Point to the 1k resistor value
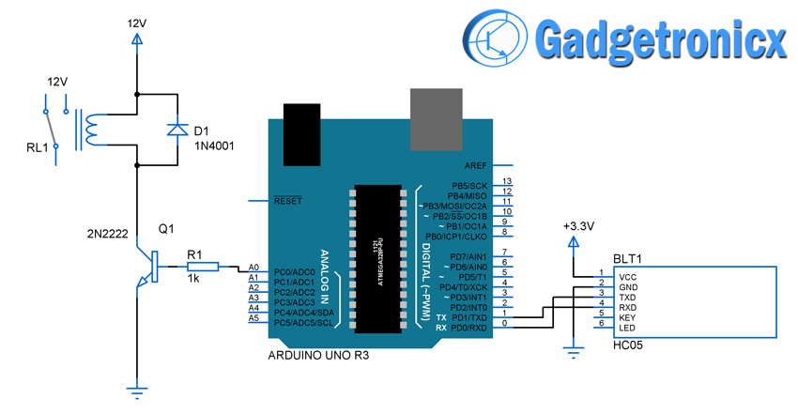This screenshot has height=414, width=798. coord(194,281)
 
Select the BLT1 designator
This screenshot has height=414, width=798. coord(629,258)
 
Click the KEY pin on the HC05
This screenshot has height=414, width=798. coord(626,316)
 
